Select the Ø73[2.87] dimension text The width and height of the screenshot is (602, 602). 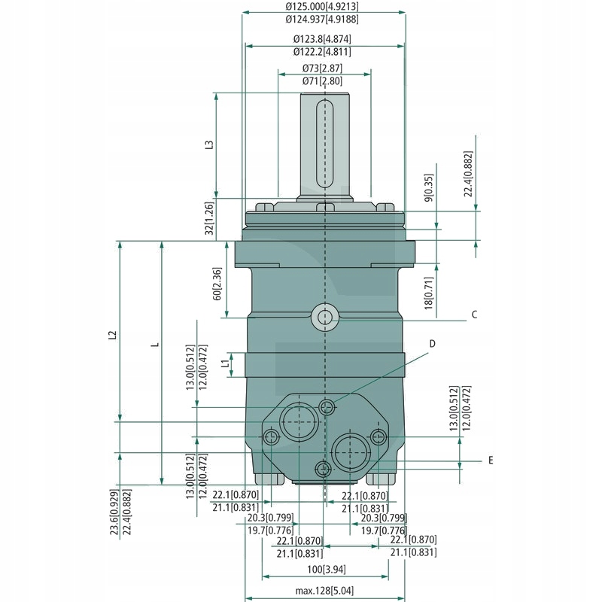[x=323, y=68]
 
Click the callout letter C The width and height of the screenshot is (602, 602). [x=475, y=315]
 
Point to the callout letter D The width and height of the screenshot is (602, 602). [x=433, y=343]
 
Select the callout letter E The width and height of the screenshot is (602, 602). [x=490, y=459]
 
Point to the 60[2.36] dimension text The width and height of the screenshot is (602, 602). [x=217, y=284]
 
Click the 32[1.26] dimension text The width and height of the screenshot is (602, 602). [x=210, y=218]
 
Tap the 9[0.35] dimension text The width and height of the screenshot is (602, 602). [x=429, y=188]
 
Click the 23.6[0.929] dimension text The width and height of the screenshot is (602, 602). [x=113, y=512]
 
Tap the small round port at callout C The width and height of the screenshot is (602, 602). [x=325, y=317]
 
